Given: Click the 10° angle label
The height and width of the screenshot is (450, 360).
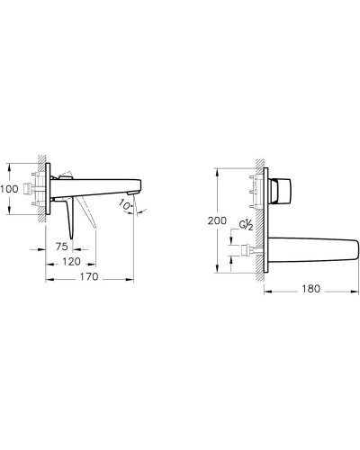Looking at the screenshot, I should tap(125, 205).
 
